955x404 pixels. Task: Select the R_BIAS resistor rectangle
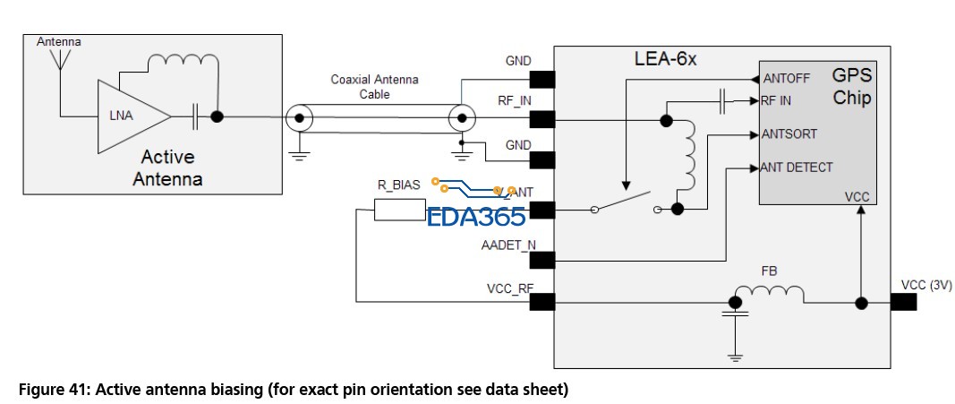(x=399, y=211)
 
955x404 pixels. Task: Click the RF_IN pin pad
(x=541, y=118)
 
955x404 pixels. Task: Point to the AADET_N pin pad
(x=541, y=261)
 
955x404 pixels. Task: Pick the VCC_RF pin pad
(x=541, y=303)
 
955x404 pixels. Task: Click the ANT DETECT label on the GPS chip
(x=796, y=167)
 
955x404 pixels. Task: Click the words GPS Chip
(x=851, y=87)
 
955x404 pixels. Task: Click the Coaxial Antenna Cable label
(x=373, y=86)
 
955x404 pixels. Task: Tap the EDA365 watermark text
(x=476, y=217)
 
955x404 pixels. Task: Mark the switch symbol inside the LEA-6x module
(x=626, y=203)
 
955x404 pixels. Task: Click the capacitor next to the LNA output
(x=194, y=116)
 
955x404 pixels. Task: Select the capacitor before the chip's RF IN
(x=722, y=101)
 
